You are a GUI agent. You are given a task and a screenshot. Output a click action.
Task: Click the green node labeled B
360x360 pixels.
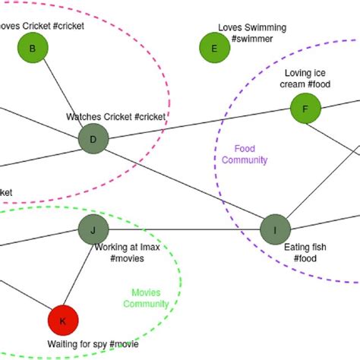tap(33, 49)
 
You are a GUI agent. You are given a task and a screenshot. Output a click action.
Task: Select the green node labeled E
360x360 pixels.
tap(214, 49)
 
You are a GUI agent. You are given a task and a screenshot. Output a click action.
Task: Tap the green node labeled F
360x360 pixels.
tap(305, 109)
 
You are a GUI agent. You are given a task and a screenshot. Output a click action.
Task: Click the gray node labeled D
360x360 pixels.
tap(93, 139)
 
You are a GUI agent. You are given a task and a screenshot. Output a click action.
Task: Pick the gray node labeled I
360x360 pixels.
tap(275, 229)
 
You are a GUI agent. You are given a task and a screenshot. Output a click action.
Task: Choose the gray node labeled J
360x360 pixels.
tap(93, 229)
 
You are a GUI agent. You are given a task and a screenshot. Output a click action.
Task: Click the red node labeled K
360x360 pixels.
tap(63, 321)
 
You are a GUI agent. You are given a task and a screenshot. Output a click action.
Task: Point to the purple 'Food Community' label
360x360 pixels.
tap(250, 154)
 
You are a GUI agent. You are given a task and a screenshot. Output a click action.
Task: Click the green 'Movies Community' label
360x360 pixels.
tap(145, 298)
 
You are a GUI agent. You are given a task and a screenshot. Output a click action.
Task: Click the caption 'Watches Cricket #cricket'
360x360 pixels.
tap(115, 117)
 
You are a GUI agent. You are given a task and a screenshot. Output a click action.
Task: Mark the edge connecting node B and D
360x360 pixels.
tap(63, 94)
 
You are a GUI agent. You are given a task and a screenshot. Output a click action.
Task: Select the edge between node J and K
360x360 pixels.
tap(78, 275)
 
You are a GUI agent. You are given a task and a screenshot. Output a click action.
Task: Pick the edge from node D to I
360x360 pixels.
tap(184, 184)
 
